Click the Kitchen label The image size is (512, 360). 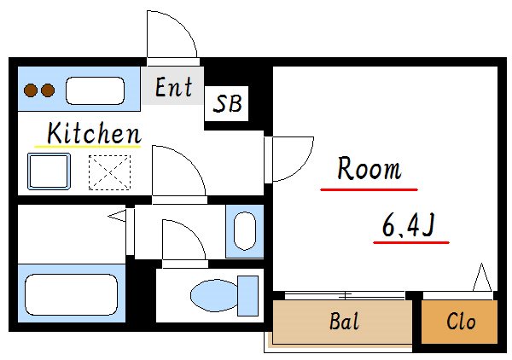[94, 133]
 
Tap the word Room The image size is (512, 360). [369, 168]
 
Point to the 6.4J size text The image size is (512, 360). [409, 225]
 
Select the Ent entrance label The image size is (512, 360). [173, 87]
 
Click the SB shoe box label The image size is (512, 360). [227, 103]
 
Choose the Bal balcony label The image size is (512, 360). [344, 321]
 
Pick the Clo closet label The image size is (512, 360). [461, 322]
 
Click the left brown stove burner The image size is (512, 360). [31, 90]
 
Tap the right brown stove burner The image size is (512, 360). [48, 90]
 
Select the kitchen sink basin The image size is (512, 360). [95, 90]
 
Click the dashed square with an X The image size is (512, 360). [110, 172]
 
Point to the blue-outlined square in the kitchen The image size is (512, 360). [49, 171]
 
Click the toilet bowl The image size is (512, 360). [214, 295]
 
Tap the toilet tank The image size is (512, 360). [247, 296]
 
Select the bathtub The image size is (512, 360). [72, 294]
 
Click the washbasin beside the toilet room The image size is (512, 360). [245, 231]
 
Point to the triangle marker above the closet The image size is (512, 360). [482, 277]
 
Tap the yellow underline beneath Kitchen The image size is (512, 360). [88, 147]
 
